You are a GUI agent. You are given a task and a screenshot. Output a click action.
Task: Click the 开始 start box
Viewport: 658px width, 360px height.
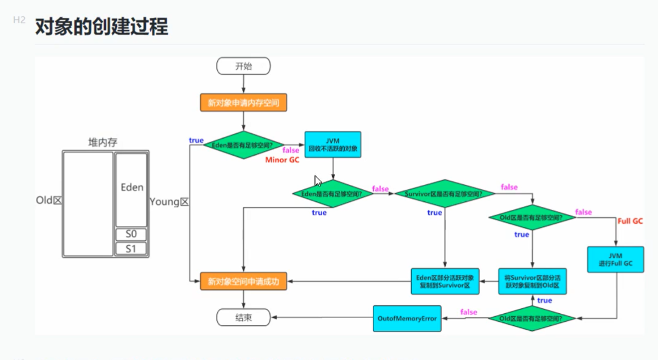243,66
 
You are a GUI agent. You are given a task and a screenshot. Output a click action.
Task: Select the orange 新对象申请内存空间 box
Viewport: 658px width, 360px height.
243,103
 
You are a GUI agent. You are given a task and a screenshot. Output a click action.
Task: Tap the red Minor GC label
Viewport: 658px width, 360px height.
282,161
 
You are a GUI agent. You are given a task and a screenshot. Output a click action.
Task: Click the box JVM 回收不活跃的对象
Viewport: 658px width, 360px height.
333,144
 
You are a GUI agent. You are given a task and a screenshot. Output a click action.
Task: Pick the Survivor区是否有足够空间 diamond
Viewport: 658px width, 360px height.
444,194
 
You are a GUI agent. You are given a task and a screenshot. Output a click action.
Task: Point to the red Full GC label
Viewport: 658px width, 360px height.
629,221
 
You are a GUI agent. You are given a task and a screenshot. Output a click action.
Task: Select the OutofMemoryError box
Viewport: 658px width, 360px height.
407,319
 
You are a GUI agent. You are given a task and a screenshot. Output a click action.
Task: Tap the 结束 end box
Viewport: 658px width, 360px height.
243,317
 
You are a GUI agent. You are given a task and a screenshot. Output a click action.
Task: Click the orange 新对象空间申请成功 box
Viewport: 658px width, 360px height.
243,282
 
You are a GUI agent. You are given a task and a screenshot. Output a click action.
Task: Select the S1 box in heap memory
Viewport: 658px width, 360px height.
131,249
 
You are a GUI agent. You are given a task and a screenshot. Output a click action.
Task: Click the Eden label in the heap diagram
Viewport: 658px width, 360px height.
131,188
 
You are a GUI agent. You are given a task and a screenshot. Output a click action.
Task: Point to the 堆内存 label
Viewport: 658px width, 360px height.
102,143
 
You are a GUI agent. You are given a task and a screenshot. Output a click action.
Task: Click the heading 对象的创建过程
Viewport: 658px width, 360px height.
102,27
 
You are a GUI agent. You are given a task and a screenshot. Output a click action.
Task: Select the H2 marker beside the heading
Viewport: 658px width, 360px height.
19,21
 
